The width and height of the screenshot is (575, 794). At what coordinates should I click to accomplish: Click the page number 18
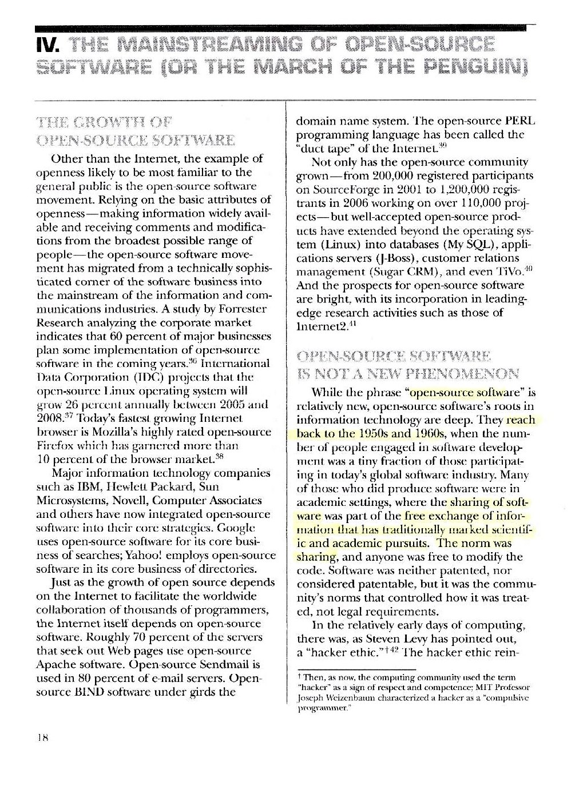click(40, 737)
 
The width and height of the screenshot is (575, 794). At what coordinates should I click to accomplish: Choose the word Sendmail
click(232, 665)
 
